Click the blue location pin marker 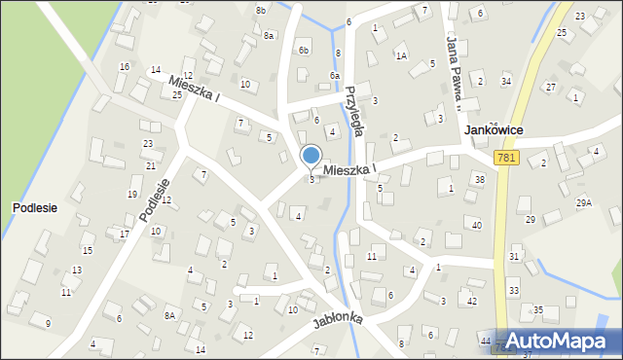tap(311, 156)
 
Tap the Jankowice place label tap(495, 129)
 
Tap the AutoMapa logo tap(563, 341)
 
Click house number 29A tap(583, 202)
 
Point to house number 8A tap(169, 315)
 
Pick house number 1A tap(400, 56)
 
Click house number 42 tap(471, 302)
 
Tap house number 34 tap(506, 81)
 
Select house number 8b tap(260, 10)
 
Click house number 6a tap(334, 75)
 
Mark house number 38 tap(479, 180)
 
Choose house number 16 tap(124, 66)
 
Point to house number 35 tap(537, 310)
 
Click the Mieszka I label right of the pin tap(349, 169)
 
